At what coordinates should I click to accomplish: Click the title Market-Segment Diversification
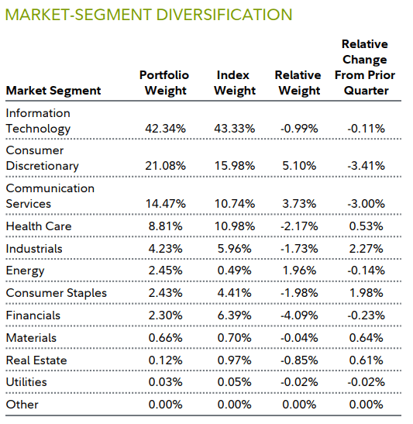tap(149, 15)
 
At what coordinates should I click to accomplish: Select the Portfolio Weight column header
tap(163, 82)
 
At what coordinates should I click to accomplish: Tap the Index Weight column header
tap(234, 82)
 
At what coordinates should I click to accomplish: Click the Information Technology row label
tap(39, 121)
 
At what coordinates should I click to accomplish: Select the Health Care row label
tap(39, 226)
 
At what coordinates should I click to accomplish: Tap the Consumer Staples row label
tap(57, 293)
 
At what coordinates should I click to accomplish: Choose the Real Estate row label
tap(36, 360)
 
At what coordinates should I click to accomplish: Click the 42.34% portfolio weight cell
tap(163, 129)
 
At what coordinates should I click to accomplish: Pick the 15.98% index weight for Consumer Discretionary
tap(235, 166)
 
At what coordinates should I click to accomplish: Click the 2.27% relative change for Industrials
tap(365, 249)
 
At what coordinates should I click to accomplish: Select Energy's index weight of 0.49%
tap(236, 271)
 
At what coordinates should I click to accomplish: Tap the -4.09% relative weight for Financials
tap(298, 315)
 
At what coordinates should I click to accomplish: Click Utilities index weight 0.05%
tap(236, 382)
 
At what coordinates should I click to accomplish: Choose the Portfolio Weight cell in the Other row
tap(165, 405)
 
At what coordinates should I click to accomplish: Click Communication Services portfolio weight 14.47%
tap(163, 204)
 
